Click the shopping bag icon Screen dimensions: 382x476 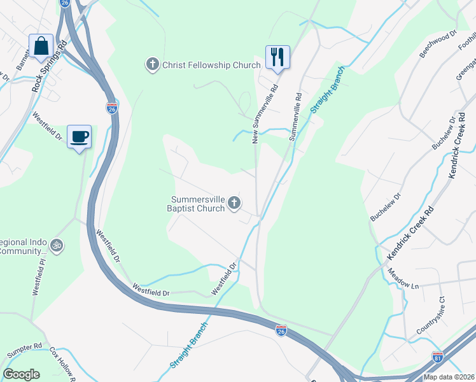(x=41, y=46)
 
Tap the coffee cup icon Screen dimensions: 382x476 (x=80, y=136)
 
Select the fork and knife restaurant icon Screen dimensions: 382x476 (x=277, y=57)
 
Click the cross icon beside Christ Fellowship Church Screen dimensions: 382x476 (x=152, y=65)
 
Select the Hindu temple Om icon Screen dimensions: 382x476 (x=57, y=244)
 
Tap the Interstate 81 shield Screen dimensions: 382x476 (x=438, y=358)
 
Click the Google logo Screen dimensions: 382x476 (x=22, y=374)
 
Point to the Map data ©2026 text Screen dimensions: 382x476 (x=448, y=377)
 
